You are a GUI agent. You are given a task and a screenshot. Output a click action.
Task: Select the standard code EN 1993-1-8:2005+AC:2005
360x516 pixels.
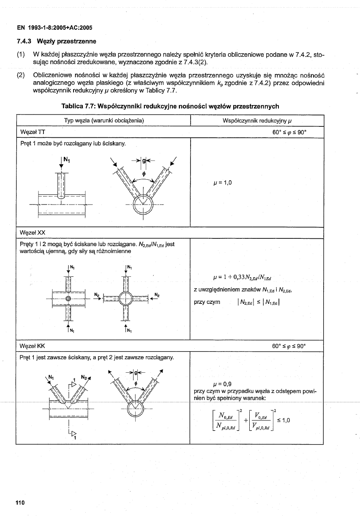click(x=55, y=28)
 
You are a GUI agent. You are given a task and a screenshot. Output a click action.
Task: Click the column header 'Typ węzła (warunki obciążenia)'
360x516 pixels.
click(x=104, y=120)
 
